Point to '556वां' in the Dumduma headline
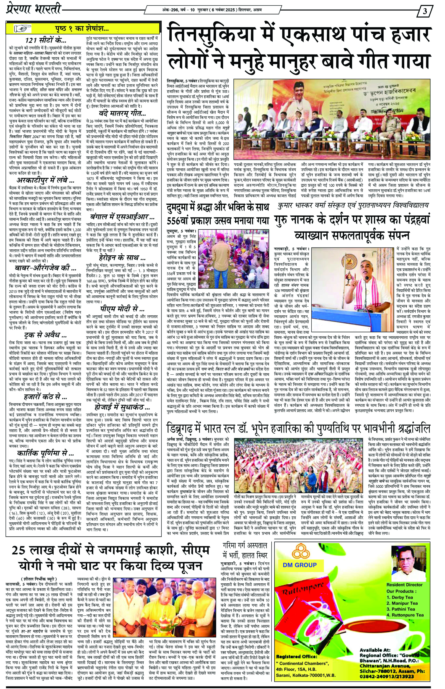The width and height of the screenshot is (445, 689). [181, 221]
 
